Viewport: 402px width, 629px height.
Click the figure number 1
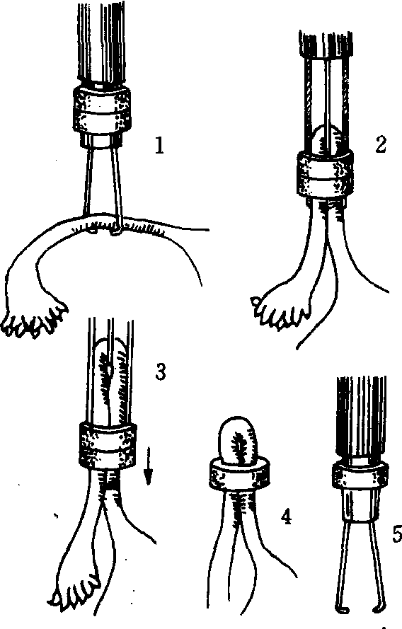click(x=160, y=145)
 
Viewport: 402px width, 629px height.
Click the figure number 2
click(x=380, y=144)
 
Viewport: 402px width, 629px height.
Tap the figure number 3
click(x=160, y=373)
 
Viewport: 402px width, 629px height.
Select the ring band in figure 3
click(x=108, y=444)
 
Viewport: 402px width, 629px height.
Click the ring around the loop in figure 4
click(x=239, y=475)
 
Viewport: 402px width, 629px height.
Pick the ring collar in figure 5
click(x=360, y=475)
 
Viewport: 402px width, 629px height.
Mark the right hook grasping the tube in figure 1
click(x=115, y=229)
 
